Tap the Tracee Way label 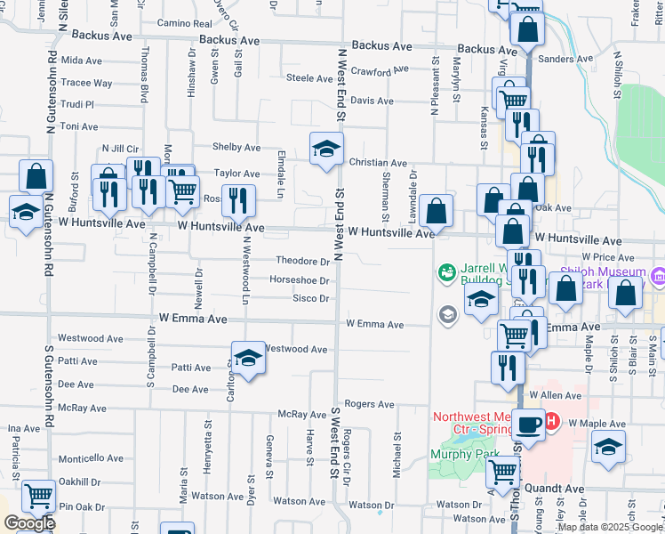coord(87,83)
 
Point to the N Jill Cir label coord(121,148)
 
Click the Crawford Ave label coord(380,69)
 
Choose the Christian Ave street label coord(378,163)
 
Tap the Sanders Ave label coord(565,59)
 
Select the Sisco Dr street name coord(311,298)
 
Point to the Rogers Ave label coord(369,404)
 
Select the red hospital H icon coord(551,420)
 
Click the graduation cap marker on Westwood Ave coord(249,358)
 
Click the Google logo coord(29,523)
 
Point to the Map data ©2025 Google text coord(610,528)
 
